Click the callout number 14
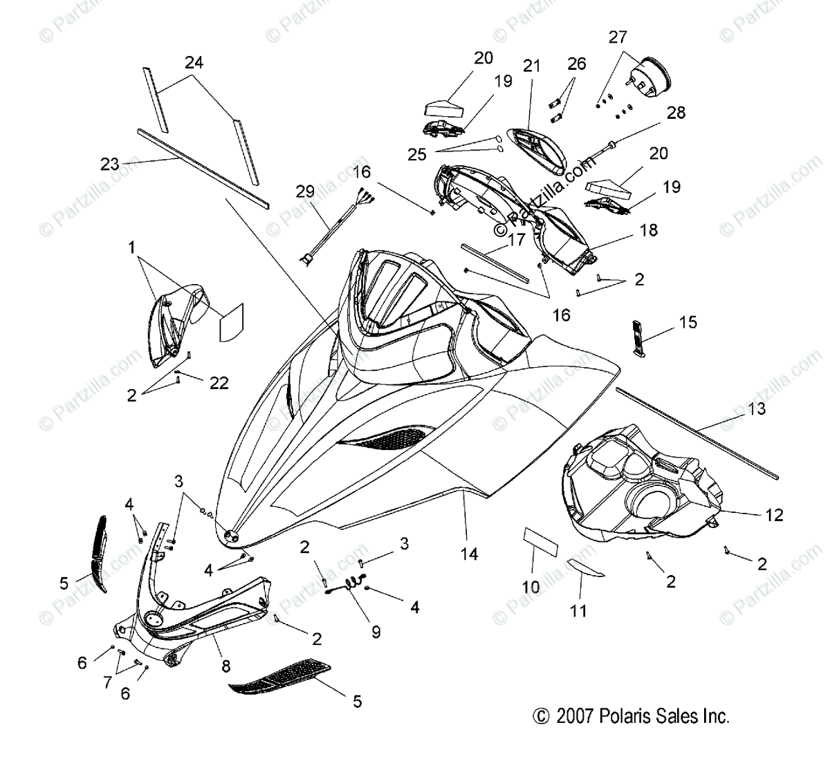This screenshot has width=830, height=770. [x=470, y=554]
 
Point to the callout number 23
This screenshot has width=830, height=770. [x=110, y=165]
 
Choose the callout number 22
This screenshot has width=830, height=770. [x=219, y=382]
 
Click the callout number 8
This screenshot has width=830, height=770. [x=225, y=666]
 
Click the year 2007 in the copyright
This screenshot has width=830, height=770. [x=573, y=717]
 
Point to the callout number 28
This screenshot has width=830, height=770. [x=676, y=113]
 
